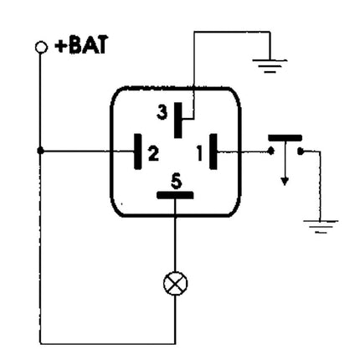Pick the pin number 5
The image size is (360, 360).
(175, 179)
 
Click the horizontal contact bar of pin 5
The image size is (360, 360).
(175, 195)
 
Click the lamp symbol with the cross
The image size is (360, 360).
(175, 284)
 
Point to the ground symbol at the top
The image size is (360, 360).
(268, 64)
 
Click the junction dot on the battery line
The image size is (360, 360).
(41, 152)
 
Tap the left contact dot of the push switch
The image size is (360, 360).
(271, 152)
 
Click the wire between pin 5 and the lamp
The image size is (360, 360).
(175, 239)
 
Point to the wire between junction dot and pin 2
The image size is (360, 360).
(88, 152)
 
